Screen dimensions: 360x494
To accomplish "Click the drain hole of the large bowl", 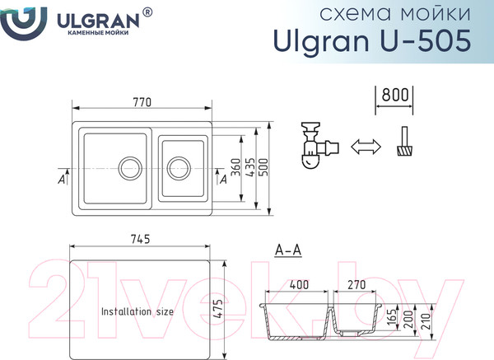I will (130, 169).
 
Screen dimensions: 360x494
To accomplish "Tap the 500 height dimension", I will (264, 168).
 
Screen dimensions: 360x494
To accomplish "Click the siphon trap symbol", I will (314, 147).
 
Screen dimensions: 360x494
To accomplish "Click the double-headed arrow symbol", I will (366, 147).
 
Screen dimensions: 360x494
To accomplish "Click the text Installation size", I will (137, 312).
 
